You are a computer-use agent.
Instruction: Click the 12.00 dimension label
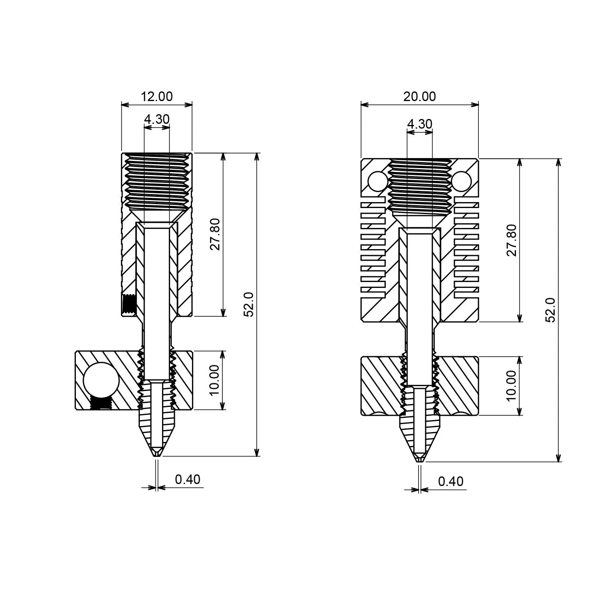(157, 97)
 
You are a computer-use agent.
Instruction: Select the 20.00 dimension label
(419, 97)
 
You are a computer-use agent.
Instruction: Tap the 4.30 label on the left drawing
(157, 119)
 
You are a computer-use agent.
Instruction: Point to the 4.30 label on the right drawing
(419, 124)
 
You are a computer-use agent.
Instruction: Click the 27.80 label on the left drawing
(215, 234)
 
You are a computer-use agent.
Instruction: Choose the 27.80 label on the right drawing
(512, 240)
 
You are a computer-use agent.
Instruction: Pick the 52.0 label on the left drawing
(249, 304)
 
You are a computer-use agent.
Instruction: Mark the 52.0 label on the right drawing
(551, 310)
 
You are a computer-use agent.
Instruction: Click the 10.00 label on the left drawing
(215, 380)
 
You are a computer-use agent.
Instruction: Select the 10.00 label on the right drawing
(512, 385)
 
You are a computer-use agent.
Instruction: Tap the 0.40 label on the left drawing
(187, 479)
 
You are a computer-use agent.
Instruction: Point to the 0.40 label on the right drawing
(450, 482)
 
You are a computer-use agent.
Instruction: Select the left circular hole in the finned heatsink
(377, 181)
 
